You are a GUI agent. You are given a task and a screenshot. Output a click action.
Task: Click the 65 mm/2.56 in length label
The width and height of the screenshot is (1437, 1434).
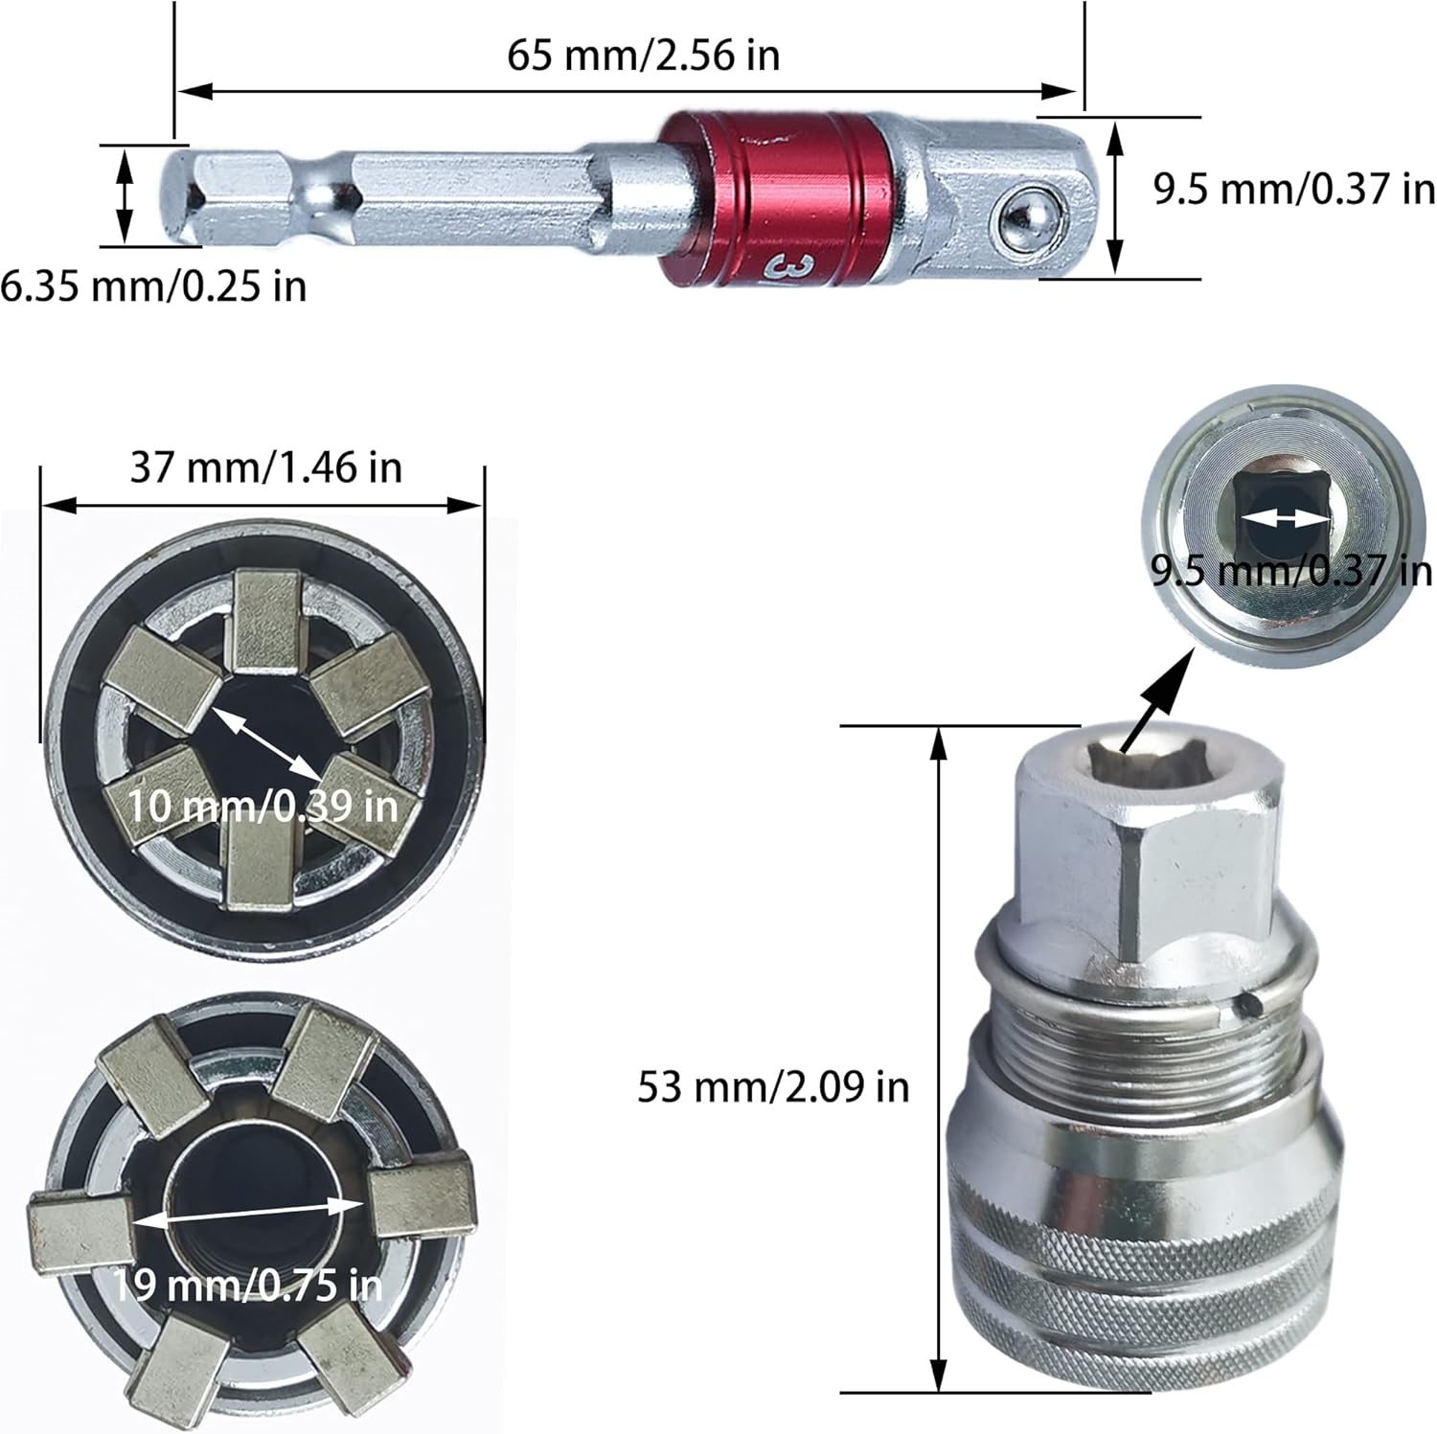click(x=643, y=55)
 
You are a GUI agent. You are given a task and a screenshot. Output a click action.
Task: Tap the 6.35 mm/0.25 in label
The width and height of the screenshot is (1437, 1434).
click(x=153, y=285)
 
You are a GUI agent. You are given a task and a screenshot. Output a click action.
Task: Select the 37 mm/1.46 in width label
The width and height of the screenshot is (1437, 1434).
click(x=265, y=467)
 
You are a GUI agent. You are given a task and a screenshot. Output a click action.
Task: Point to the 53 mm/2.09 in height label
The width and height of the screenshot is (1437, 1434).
click(x=773, y=1086)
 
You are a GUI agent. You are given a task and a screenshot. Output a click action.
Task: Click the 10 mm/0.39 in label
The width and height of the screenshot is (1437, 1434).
click(x=263, y=806)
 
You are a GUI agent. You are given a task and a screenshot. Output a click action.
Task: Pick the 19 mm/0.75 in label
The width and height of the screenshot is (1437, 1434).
click(x=249, y=1284)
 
